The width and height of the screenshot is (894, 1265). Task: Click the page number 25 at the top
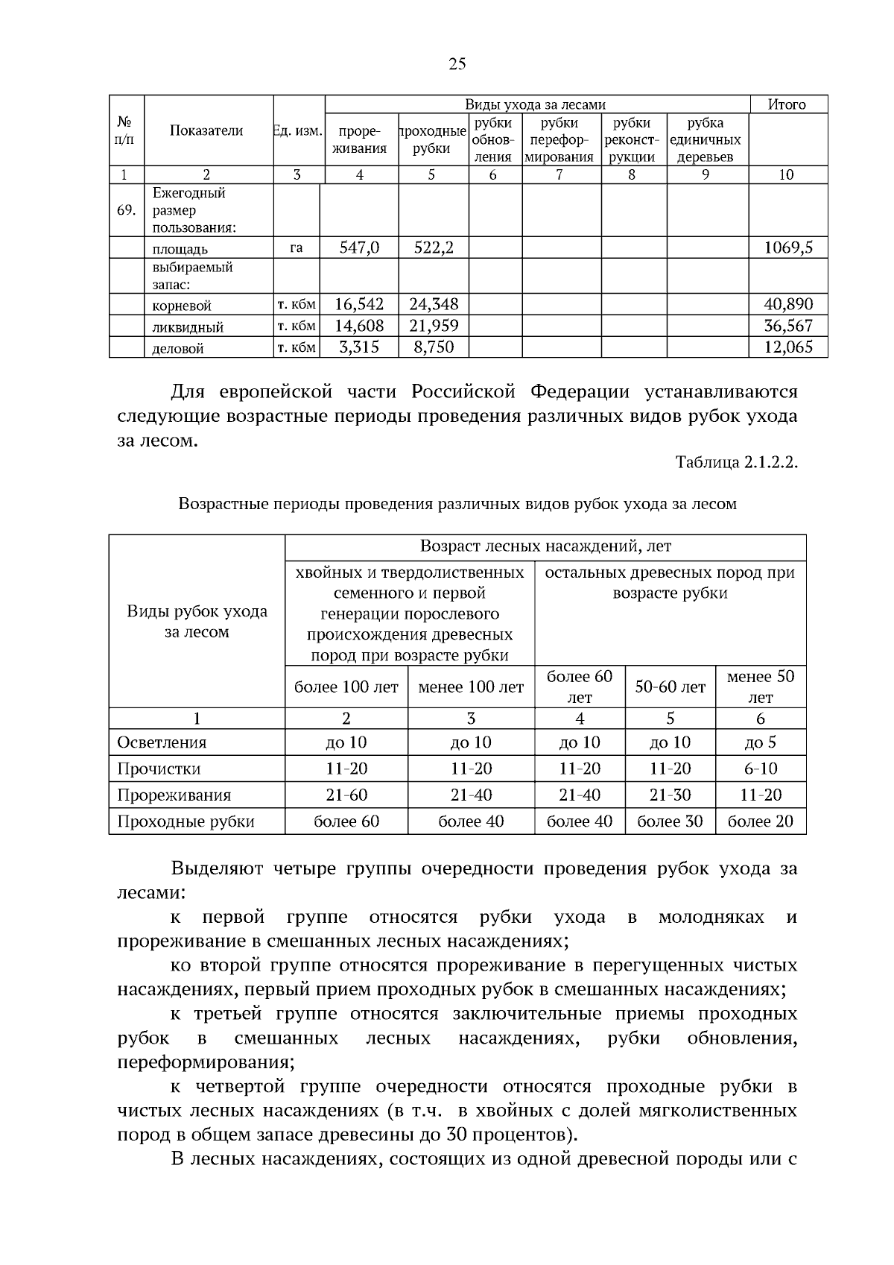pos(457,64)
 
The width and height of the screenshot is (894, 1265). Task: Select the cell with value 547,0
pos(359,247)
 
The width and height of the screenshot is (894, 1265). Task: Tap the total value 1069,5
pos(788,247)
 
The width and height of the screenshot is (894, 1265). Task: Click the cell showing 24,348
pos(434,304)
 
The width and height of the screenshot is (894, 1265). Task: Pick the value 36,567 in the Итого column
pos(788,326)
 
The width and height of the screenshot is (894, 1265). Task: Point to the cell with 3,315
pos(359,347)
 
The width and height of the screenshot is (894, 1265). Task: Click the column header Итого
pos(787,105)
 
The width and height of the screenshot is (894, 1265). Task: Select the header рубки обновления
pos(493,139)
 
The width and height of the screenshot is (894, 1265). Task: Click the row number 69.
pos(126,210)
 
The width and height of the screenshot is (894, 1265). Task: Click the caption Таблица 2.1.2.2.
pos(736,462)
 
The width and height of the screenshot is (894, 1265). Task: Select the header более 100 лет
pos(346,687)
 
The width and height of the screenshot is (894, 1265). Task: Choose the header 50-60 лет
pos(670,687)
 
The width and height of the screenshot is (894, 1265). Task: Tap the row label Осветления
pos(162,742)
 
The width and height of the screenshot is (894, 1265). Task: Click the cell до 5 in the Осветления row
pos(760,742)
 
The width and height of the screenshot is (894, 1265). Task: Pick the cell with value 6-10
pos(760,769)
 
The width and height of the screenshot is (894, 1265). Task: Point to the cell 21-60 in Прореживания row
pos(346,795)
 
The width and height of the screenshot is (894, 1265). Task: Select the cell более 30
pos(670,821)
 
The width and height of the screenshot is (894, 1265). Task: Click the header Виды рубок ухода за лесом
pos(197,622)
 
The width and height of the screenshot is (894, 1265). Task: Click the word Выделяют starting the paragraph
pos(217,868)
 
